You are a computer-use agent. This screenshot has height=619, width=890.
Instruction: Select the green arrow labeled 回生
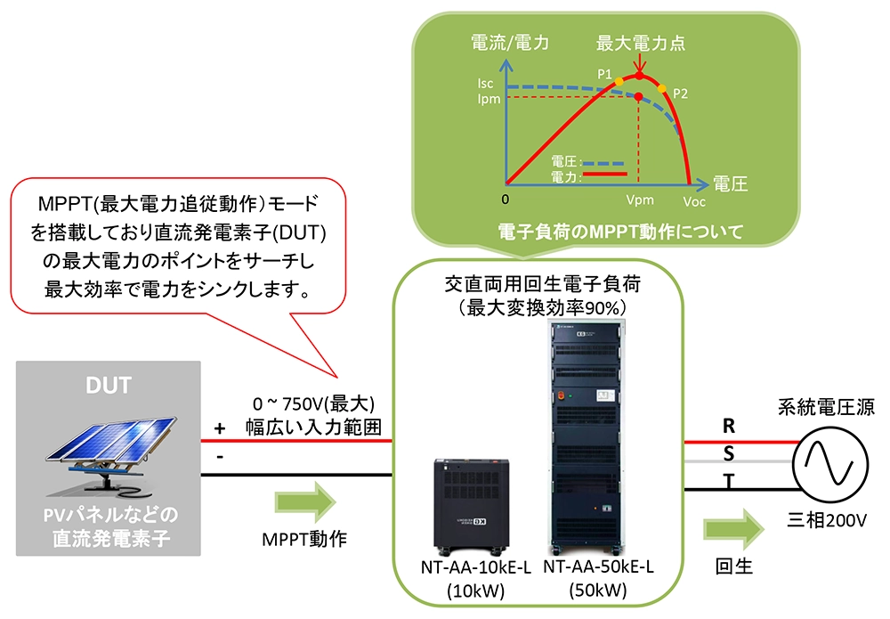[732, 531]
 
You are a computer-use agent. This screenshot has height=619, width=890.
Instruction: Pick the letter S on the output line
[729, 453]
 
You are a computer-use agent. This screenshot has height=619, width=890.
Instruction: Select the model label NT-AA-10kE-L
[463, 568]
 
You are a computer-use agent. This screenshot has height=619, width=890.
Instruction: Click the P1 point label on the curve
[605, 75]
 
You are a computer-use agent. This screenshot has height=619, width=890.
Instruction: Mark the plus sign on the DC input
[219, 428]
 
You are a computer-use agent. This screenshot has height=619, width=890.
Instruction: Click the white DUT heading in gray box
[109, 386]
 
